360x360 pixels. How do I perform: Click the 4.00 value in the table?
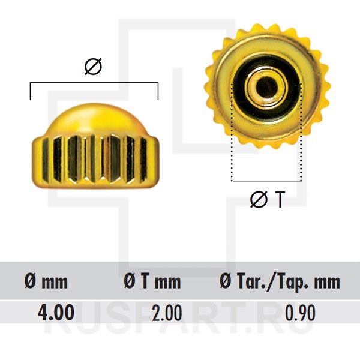tap(56, 312)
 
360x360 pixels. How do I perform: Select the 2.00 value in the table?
tap(167, 313)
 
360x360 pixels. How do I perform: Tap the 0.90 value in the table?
tap(301, 313)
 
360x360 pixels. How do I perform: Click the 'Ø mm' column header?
tap(46, 281)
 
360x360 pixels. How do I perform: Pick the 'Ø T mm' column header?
tap(152, 281)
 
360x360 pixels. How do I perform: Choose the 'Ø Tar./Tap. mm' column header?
tap(280, 282)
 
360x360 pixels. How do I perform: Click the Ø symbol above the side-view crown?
tap(93, 67)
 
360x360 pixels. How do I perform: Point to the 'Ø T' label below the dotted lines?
tap(268, 199)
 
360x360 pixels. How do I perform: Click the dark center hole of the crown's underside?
tap(266, 86)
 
